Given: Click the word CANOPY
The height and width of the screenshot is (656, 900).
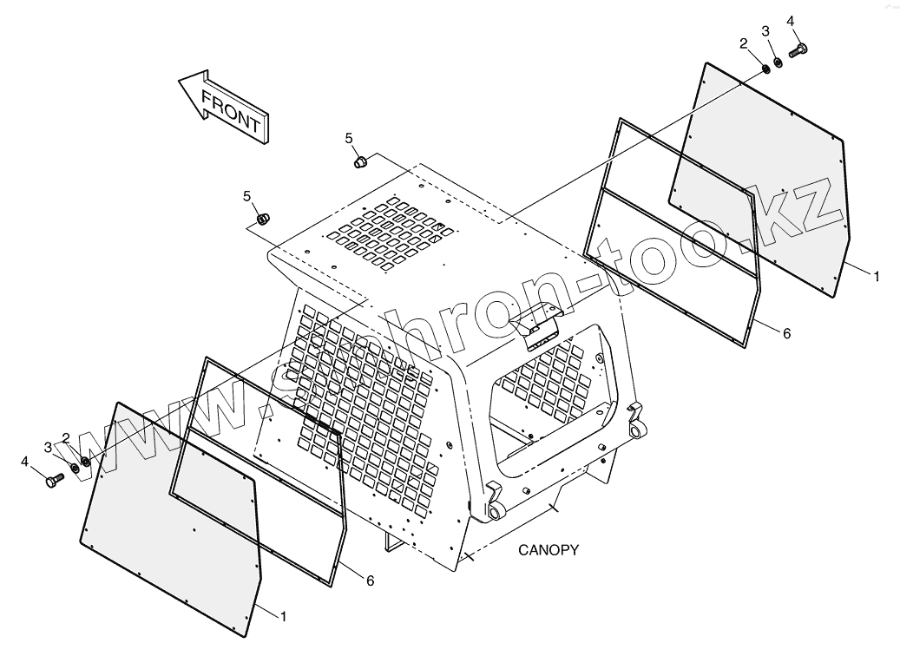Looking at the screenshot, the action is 549,549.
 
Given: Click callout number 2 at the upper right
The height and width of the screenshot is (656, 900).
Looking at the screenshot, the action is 744,43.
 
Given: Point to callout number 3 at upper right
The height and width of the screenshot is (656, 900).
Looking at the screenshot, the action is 765,31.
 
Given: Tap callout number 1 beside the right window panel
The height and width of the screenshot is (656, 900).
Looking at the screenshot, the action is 877,276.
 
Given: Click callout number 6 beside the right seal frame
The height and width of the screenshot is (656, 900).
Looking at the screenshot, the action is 787,333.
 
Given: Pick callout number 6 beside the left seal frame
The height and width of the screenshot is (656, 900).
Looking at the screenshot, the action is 370,581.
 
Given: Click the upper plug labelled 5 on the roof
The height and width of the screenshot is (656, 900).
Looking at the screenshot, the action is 359,161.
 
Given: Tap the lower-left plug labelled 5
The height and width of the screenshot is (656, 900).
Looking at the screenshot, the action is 266,217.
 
